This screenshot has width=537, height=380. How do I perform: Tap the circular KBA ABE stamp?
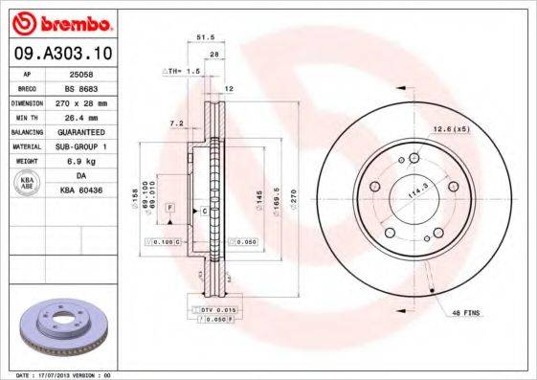pyautogui.click(x=28, y=184)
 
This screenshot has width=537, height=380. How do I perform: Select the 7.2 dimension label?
pyautogui.click(x=175, y=123)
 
